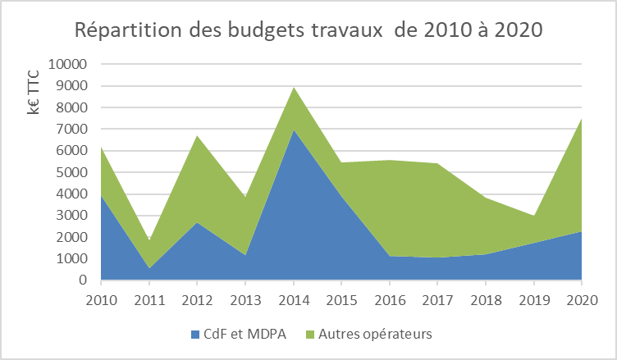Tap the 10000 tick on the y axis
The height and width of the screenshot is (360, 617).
click(71, 64)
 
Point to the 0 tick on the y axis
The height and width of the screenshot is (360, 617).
click(85, 280)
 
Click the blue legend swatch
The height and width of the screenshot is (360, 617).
click(196, 335)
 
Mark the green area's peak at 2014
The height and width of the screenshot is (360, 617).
click(293, 87)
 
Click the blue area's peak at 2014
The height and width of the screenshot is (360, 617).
click(293, 130)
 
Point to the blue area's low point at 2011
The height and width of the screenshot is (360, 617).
click(149, 268)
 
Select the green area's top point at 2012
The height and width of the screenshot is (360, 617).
click(197, 135)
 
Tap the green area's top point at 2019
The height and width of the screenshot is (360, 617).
click(533, 216)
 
